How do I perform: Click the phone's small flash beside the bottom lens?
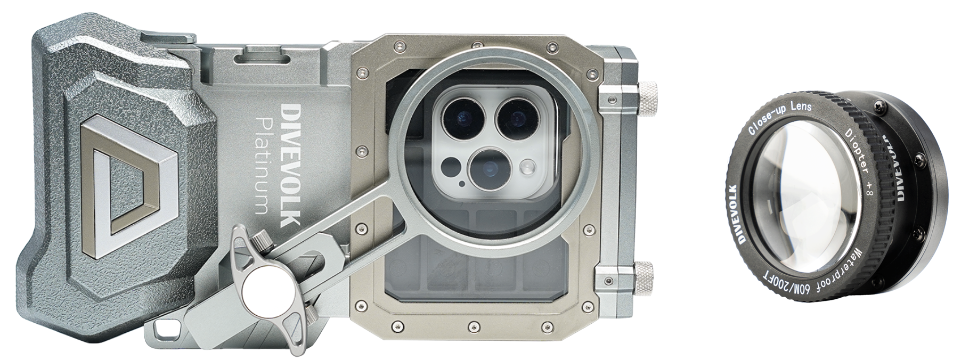527,167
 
